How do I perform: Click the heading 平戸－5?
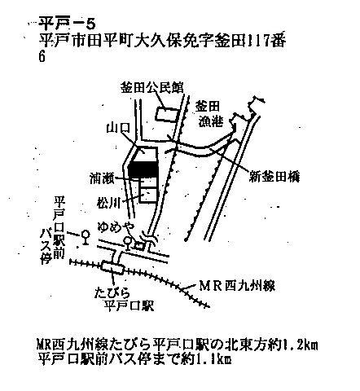67,24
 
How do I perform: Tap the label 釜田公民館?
152,88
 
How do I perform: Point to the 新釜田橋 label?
274,178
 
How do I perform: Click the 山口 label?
118,128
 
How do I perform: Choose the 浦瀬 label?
102,178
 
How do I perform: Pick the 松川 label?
108,203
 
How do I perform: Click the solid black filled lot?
143,170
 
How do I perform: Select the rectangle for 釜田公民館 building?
167,114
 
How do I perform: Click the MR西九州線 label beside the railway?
237,286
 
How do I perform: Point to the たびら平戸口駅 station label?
125,300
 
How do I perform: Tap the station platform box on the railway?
112,267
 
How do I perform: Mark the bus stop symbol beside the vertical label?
86,237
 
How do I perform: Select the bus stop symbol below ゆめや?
127,243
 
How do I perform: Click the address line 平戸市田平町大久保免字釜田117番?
162,42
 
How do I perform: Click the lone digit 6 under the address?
42,57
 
